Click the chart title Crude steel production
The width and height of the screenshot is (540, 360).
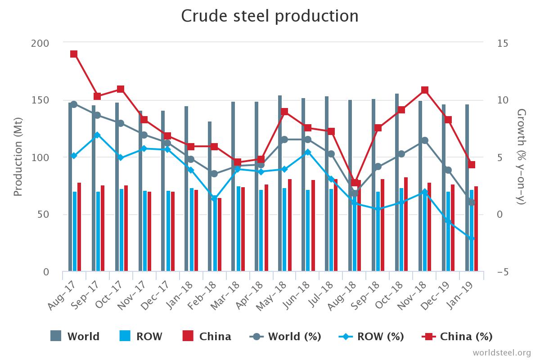(270, 16)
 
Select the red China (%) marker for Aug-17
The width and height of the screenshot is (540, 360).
(74, 54)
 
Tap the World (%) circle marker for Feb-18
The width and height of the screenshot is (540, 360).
(214, 174)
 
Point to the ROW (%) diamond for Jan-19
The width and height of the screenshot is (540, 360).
(472, 238)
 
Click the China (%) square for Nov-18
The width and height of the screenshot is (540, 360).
(425, 90)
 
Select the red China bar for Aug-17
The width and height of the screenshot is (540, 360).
(79, 227)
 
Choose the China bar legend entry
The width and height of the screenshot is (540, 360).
(207, 336)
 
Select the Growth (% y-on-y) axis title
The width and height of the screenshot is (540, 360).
(522, 157)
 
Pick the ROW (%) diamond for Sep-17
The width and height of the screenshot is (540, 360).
(97, 135)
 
